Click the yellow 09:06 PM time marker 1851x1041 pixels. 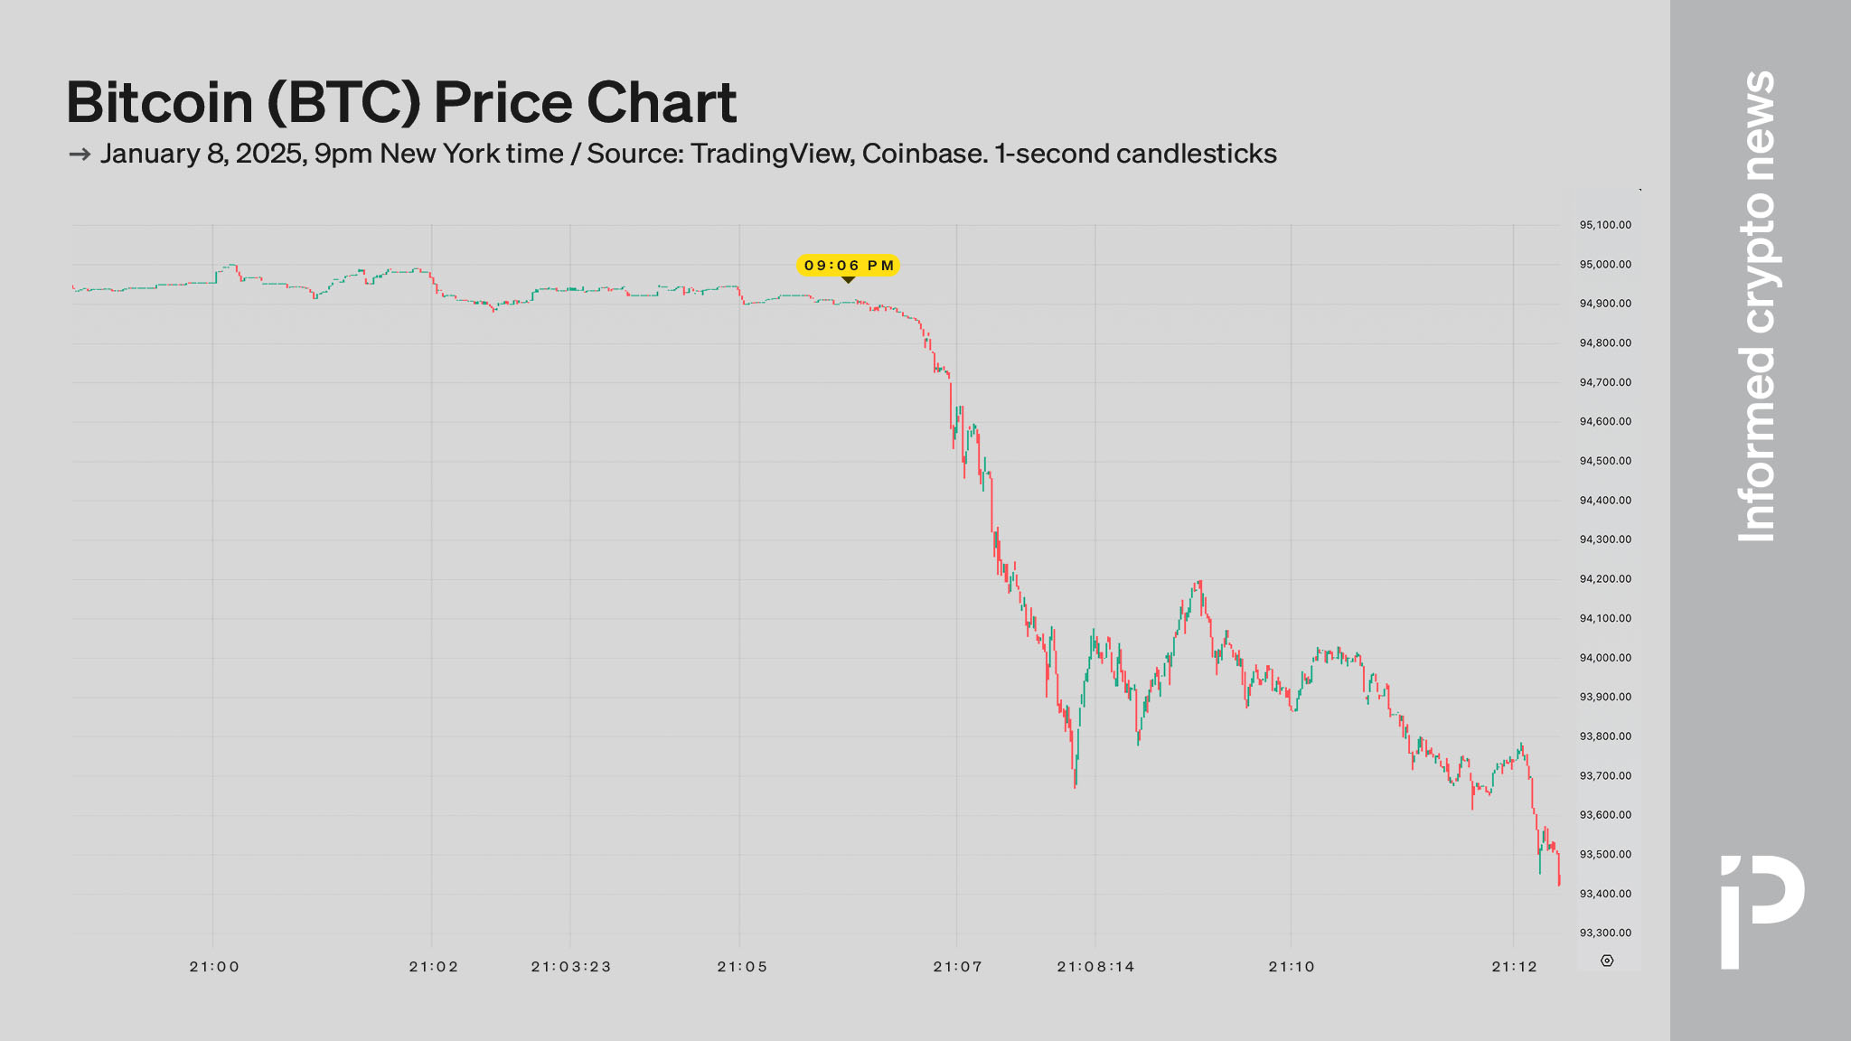[x=848, y=265]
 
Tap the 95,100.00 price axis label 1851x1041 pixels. [x=1605, y=225]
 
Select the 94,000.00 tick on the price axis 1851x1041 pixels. [x=1605, y=658]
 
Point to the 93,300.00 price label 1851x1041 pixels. [x=1605, y=933]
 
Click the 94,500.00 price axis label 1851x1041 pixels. [x=1605, y=461]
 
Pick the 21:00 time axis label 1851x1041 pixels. [x=214, y=967]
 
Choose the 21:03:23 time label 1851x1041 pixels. [x=571, y=967]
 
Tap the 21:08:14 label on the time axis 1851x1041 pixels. [x=1095, y=967]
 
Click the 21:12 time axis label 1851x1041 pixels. [x=1514, y=967]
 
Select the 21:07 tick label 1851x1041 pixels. [x=957, y=967]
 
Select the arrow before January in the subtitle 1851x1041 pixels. [x=80, y=155]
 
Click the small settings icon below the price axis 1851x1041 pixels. [x=1607, y=961]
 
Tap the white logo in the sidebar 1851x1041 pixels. [x=1762, y=908]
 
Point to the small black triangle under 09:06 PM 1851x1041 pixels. [x=848, y=280]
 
